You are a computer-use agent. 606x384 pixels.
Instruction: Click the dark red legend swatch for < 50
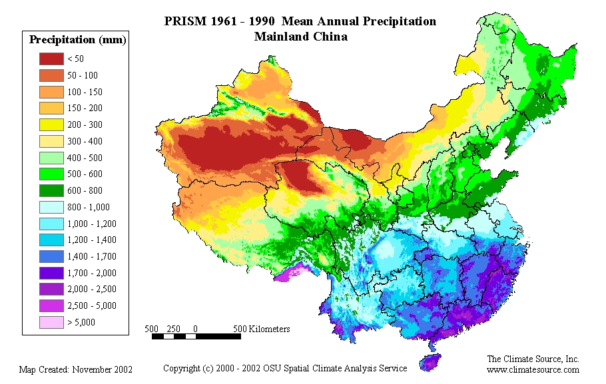click(52, 59)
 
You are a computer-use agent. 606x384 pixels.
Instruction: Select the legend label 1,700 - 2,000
click(92, 273)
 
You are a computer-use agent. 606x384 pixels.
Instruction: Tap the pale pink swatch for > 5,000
click(52, 322)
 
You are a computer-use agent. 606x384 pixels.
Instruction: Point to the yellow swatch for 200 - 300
click(52, 124)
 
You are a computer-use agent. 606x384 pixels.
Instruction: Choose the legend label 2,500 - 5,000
click(92, 305)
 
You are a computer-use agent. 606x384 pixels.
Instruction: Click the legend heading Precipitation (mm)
click(78, 40)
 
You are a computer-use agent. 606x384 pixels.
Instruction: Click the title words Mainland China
click(300, 37)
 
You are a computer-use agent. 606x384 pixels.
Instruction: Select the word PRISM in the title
click(183, 21)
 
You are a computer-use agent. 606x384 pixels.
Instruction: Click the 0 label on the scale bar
click(195, 329)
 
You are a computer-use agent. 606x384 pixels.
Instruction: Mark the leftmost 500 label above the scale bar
click(152, 329)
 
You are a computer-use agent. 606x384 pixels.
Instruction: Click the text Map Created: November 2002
click(76, 369)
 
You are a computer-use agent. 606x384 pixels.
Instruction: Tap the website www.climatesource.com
click(533, 369)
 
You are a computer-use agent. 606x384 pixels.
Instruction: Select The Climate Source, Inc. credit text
click(533, 359)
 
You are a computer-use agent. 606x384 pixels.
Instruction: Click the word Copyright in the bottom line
click(182, 368)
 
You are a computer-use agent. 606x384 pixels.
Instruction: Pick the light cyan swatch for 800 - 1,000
click(52, 207)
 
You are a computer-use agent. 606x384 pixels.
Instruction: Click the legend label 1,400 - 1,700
click(92, 256)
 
